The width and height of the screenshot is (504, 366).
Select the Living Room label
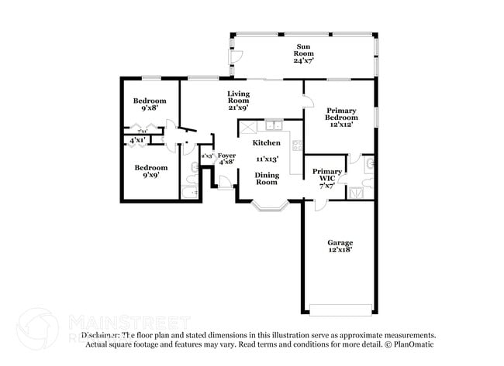[238, 97]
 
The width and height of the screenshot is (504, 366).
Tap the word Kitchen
[266, 143]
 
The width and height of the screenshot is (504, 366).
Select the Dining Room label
[267, 178]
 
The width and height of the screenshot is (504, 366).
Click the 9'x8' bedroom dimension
[149, 110]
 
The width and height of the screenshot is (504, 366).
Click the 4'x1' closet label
[137, 140]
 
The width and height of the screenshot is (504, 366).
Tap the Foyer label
[226, 156]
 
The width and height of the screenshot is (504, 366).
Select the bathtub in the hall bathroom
[190, 192]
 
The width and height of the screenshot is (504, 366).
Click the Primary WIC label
[326, 175]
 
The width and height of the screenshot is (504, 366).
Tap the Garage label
[340, 242]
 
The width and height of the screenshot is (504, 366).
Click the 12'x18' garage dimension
[340, 251]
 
